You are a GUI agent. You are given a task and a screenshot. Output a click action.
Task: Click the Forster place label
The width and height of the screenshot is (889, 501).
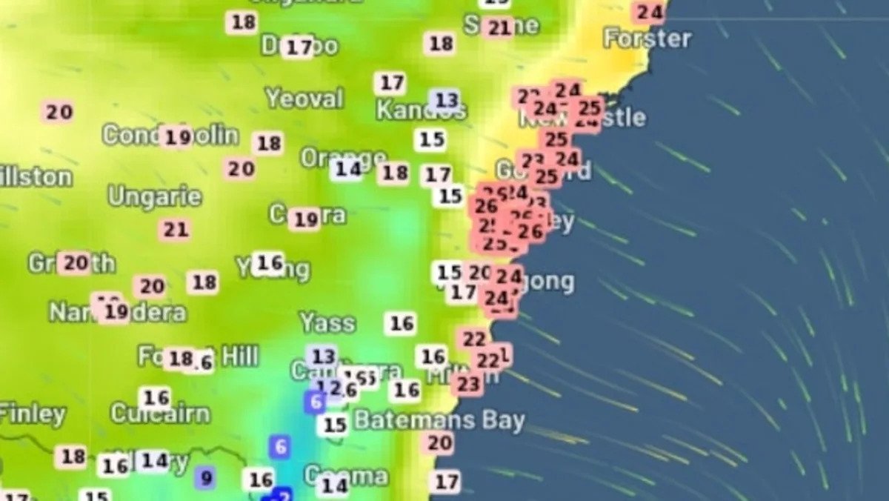(x=647, y=38)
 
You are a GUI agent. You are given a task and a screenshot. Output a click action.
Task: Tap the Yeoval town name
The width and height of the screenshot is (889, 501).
(x=304, y=98)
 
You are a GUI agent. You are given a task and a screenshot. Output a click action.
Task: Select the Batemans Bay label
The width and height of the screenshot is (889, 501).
(x=439, y=420)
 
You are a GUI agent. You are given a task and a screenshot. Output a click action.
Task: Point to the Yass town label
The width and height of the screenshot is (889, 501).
(x=327, y=322)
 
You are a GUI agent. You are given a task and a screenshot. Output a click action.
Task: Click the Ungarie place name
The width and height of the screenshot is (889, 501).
(x=155, y=196)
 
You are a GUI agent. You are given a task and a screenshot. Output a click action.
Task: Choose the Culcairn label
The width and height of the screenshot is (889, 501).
(x=160, y=414)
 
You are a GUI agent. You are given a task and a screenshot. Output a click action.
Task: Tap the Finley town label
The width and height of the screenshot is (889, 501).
(x=33, y=414)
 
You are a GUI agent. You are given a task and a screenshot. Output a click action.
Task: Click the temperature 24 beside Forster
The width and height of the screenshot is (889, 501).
(x=650, y=12)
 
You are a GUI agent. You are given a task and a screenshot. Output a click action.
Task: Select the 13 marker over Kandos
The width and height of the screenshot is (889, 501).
(x=446, y=100)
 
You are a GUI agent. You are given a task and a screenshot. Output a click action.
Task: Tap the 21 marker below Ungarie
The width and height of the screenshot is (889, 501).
(x=176, y=230)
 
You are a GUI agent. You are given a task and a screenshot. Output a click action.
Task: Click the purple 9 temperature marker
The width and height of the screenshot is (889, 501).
(x=206, y=478)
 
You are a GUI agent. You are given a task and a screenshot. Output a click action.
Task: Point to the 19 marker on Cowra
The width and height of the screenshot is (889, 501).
(x=305, y=219)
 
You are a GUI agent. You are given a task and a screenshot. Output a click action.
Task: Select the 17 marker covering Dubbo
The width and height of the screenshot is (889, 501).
(x=299, y=47)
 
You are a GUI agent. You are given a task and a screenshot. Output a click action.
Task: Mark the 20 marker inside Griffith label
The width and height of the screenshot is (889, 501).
(x=75, y=262)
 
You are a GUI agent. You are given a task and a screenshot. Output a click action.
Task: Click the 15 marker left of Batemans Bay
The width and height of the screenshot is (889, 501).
(x=335, y=425)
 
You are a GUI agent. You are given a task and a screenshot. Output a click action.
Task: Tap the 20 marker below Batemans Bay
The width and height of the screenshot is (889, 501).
(x=439, y=443)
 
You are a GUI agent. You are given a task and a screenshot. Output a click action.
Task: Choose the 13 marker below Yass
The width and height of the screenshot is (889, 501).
(x=323, y=356)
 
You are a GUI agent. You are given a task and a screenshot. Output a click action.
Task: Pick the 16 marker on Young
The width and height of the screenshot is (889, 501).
(x=269, y=262)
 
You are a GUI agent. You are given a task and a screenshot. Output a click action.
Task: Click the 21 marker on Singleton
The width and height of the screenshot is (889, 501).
(x=499, y=28)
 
